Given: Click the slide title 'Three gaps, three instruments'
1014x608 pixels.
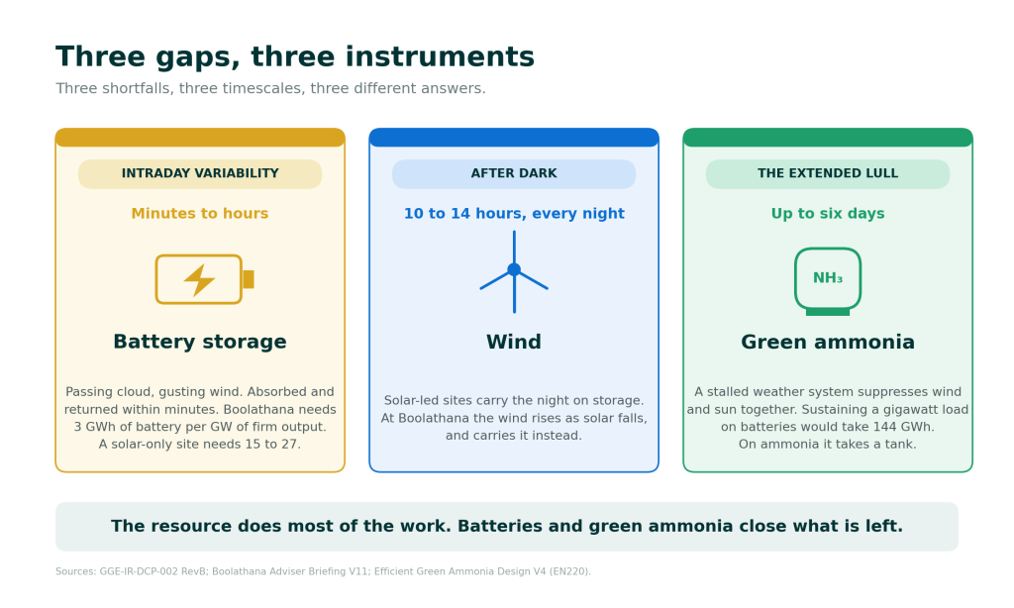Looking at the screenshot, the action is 295,56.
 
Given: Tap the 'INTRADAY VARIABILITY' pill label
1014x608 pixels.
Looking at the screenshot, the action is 200,173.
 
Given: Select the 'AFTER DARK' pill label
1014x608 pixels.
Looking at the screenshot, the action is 514,173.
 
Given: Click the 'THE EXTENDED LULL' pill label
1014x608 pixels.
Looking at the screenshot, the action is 828,173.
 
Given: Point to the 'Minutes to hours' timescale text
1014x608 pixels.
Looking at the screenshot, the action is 200,214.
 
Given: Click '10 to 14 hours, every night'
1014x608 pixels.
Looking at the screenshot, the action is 514,214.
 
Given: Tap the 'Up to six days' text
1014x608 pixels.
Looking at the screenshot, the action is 828,214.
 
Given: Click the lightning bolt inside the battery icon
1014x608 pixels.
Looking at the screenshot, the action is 199,279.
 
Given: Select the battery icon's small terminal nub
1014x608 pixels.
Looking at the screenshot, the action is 249,279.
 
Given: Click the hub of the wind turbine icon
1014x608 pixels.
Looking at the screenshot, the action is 514,269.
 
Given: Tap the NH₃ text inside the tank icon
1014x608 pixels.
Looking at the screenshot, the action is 828,278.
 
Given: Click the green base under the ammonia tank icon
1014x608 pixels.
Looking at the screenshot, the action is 828,312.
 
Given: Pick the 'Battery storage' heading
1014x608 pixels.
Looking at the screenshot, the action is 200,342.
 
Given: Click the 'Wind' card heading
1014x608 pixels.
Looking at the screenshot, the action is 514,342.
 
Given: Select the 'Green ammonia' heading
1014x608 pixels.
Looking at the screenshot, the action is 828,342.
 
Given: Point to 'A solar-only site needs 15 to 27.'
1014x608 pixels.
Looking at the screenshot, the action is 200,445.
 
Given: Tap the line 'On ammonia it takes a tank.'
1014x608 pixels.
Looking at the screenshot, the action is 828,445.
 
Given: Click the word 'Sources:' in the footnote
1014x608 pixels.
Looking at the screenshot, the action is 75,571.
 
